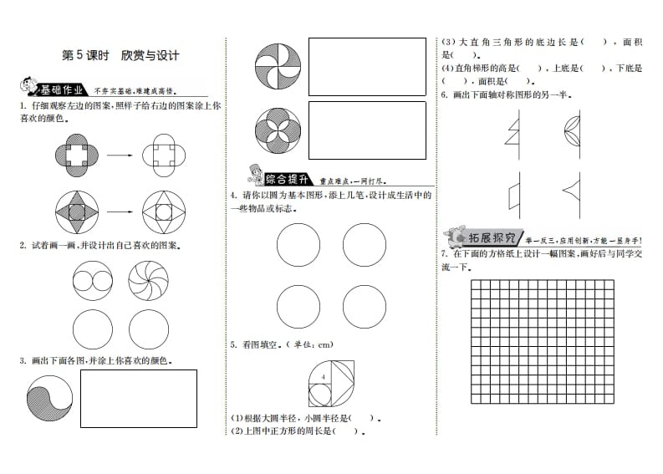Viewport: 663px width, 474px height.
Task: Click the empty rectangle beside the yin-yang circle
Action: pyautogui.click(x=138, y=398)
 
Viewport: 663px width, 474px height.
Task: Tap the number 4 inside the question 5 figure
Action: pyautogui.click(x=321, y=380)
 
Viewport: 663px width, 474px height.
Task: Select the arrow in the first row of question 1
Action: pyautogui.click(x=122, y=155)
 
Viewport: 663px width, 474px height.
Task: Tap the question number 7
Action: pyautogui.click(x=444, y=252)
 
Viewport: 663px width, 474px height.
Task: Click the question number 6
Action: pyautogui.click(x=444, y=94)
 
